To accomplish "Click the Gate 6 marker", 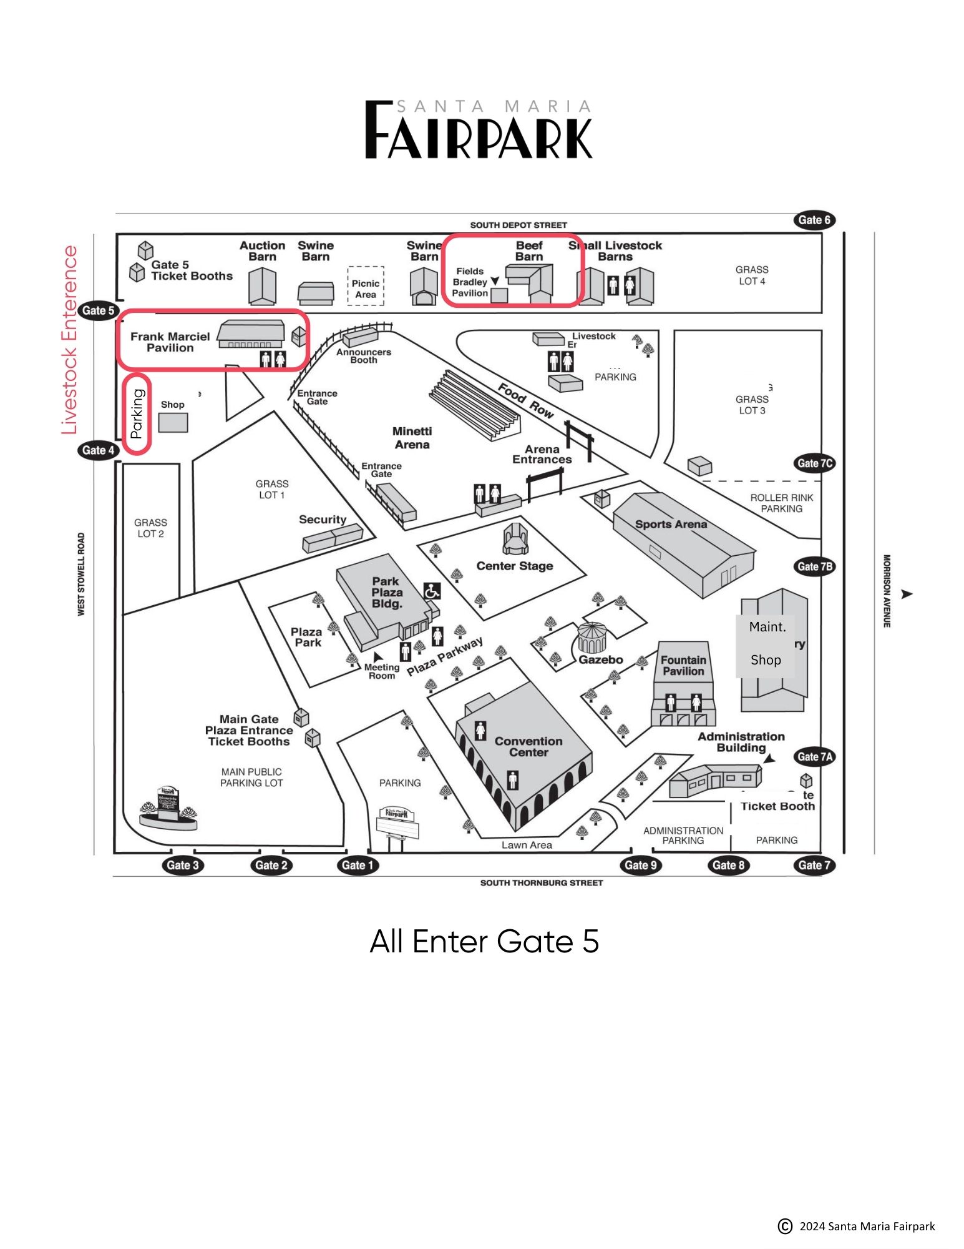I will coord(814,220).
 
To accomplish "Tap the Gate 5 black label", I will coord(98,310).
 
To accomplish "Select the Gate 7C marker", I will coord(814,463).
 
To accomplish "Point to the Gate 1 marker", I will coord(358,865).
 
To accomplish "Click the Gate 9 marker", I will coord(640,865).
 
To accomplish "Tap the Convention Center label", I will coord(528,747).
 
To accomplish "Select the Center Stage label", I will coord(515,566).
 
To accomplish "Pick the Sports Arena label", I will coord(671,525).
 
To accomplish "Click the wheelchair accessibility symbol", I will coord(432,590).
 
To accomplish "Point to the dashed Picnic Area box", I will coord(366,287).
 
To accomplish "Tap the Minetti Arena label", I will coord(412,438).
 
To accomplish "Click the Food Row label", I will coord(525,402).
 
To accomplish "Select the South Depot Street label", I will coord(519,225).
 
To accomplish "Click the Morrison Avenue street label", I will coord(887,591).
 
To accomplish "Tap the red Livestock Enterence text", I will coord(69,340).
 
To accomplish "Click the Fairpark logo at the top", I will coord(478,130).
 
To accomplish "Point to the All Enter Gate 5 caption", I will coord(484,941).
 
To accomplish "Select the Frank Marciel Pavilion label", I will coord(170,342).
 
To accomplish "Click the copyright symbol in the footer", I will coord(785,1226).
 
